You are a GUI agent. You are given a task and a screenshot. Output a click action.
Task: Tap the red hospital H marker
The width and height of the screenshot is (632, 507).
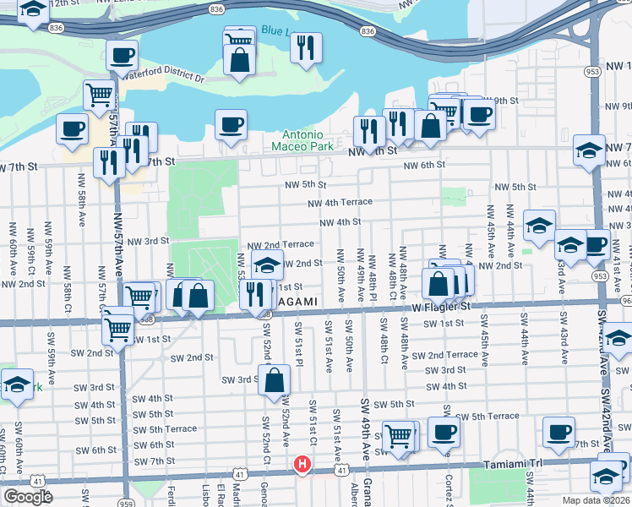click(302, 465)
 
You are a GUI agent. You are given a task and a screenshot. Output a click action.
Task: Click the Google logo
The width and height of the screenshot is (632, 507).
click(28, 497)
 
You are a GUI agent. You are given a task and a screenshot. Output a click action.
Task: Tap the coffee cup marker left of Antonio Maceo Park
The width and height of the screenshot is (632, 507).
click(231, 125)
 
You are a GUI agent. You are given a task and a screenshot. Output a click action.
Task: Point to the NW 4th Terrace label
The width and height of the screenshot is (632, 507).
click(340, 203)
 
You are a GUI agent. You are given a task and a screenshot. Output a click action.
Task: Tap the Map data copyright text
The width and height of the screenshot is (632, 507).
click(595, 500)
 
